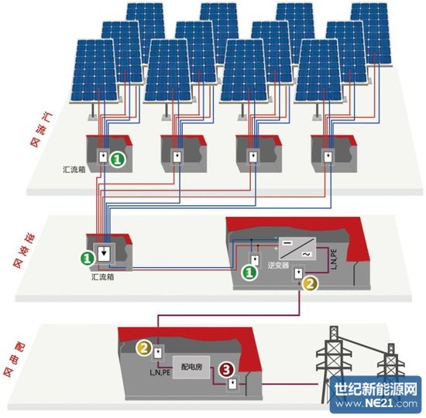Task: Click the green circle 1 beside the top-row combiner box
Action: coord(118,159)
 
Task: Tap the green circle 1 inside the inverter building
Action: coord(249,272)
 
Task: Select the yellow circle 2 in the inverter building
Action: coord(311,283)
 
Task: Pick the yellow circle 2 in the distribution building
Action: coord(144,348)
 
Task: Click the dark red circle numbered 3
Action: coord(227,370)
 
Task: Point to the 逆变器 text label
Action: coord(278,265)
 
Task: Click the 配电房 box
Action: coord(191,367)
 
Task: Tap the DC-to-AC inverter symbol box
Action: coord(297,248)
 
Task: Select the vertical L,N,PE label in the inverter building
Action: coord(334,259)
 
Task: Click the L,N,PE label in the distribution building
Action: coord(160,372)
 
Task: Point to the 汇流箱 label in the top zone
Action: coord(74,170)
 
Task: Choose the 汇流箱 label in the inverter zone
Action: coord(103,277)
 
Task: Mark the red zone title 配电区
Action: coord(14,360)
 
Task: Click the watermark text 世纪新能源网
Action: coord(376,389)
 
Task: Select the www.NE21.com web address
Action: coord(376,403)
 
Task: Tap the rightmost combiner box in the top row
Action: coord(334,154)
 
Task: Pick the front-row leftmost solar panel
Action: coord(94,70)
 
